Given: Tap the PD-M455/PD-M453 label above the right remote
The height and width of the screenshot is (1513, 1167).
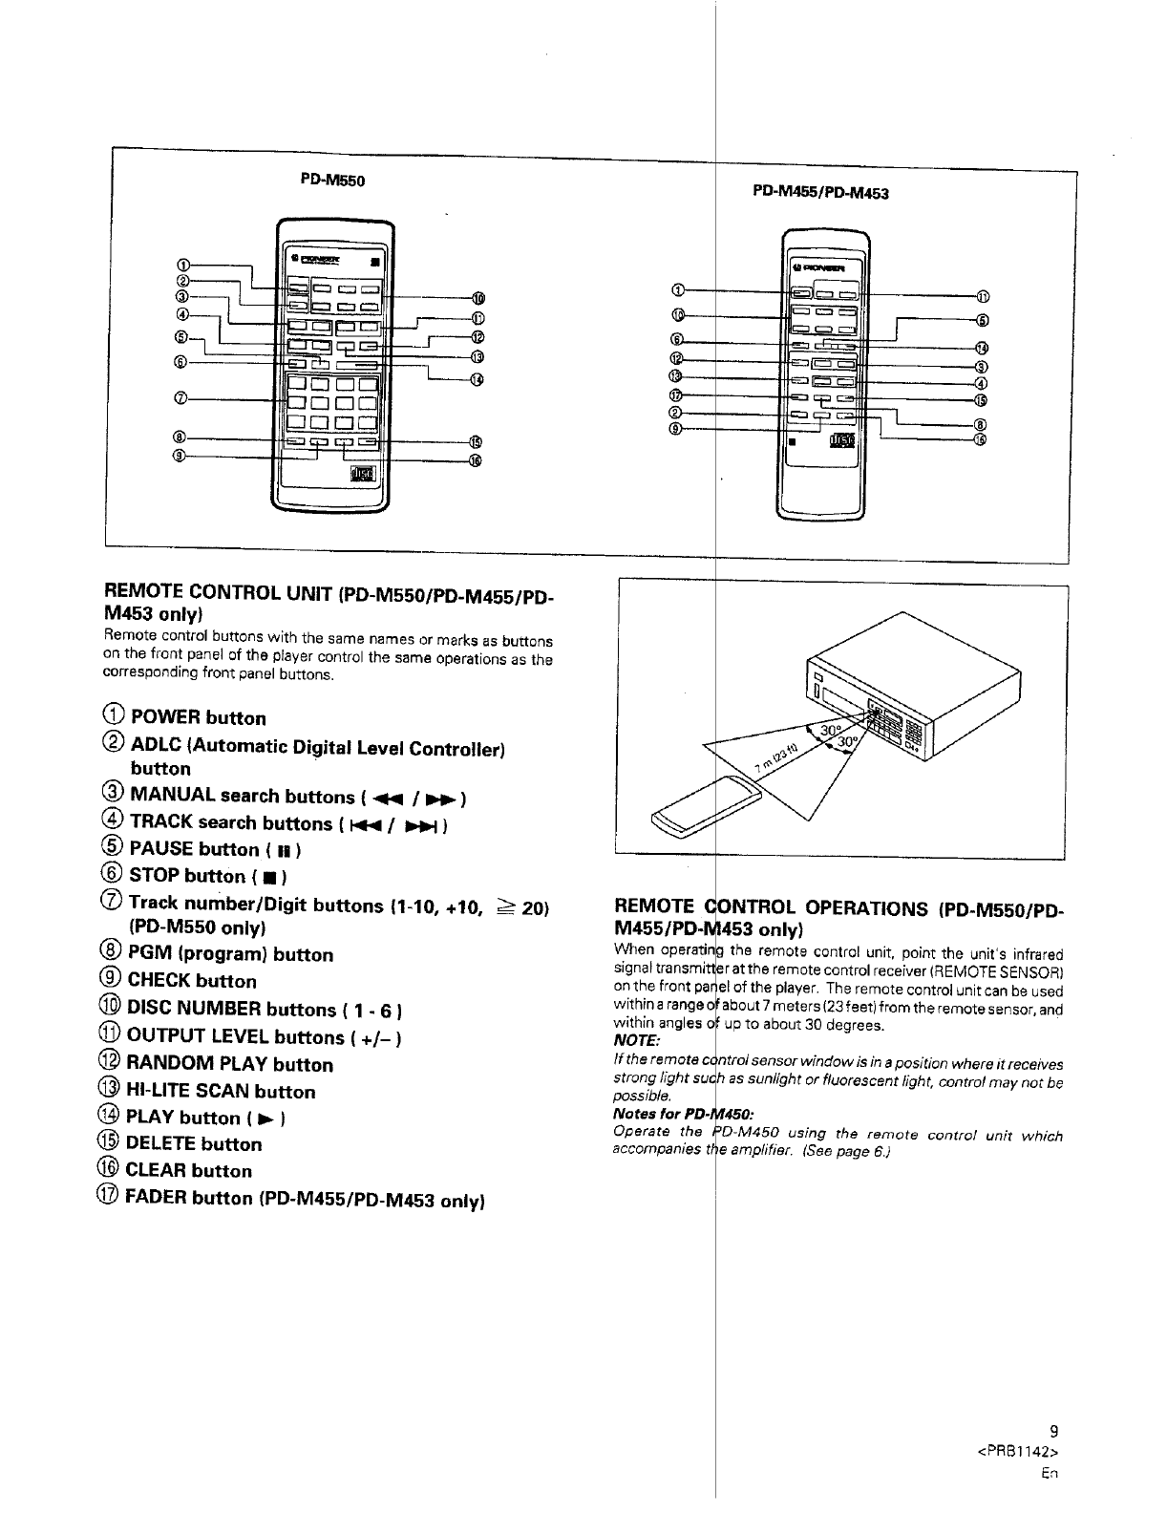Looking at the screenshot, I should pyautogui.click(x=821, y=192).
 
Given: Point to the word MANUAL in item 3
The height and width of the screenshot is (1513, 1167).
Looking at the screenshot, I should pyautogui.click(x=172, y=796).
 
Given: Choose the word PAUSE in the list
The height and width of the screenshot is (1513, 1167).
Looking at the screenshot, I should pyautogui.click(x=161, y=848).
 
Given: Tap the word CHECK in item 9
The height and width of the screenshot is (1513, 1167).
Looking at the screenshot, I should pyautogui.click(x=159, y=981).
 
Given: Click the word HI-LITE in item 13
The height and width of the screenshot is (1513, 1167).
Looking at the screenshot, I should pyautogui.click(x=163, y=1091).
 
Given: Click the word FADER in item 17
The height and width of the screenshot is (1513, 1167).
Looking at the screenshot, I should pyautogui.click(x=158, y=1197).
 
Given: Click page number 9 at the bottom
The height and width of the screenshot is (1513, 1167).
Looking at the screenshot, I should pyautogui.click(x=1054, y=1431).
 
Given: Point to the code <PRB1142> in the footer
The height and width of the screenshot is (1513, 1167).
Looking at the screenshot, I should pyautogui.click(x=1020, y=1453).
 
